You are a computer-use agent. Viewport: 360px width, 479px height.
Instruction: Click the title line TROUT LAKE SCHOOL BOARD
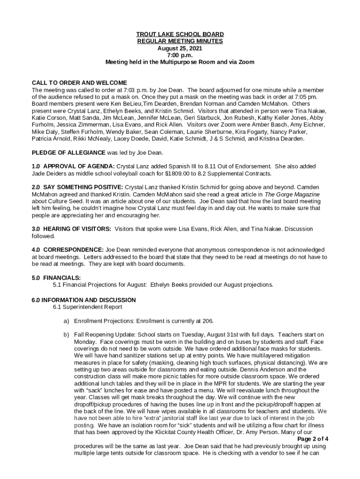180,35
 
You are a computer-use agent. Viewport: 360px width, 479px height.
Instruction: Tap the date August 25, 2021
180,48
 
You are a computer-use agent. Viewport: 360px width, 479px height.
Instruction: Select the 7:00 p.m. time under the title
180,55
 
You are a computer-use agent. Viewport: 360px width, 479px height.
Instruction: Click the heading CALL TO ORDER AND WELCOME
79,83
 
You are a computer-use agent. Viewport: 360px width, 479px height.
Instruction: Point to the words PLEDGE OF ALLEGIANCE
68,152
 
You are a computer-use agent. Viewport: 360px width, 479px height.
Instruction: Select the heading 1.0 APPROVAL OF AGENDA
73,167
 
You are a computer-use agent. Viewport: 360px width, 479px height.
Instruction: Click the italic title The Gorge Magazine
292,194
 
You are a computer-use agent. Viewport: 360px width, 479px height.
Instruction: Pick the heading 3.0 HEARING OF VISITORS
71,229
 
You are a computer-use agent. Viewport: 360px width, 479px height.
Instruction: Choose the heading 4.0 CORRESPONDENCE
68,250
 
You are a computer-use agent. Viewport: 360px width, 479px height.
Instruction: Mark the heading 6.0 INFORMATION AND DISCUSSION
84,300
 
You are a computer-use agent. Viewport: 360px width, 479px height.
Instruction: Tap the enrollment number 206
208,321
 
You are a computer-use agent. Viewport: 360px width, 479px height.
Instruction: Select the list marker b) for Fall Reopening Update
66,335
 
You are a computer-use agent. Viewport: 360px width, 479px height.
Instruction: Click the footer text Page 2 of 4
313,439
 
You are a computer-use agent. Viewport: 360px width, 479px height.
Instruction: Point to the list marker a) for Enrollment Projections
66,321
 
